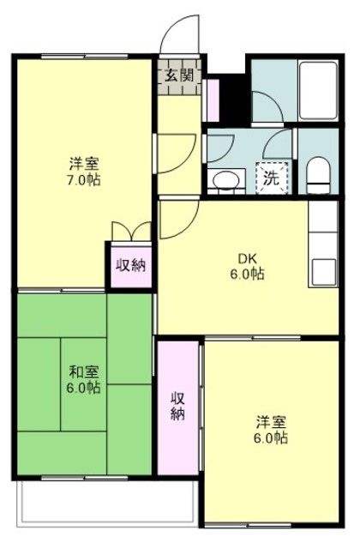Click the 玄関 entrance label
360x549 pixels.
click(179, 75)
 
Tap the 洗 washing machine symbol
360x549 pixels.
click(271, 179)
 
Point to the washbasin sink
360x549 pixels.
click(225, 180)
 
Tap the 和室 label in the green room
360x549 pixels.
click(83, 372)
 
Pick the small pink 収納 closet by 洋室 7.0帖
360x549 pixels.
click(129, 264)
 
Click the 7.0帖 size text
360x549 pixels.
click(83, 181)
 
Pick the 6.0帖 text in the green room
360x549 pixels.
click(83, 388)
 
